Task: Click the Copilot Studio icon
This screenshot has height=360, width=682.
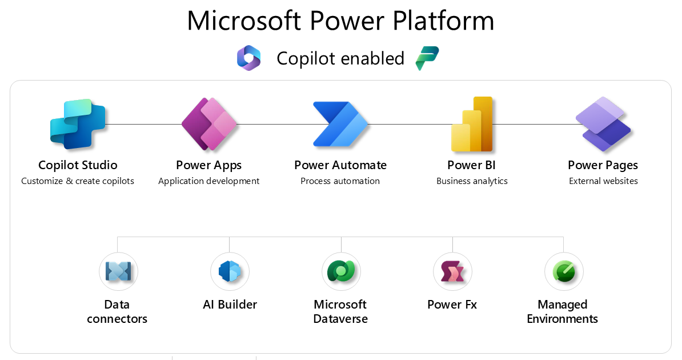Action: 78,124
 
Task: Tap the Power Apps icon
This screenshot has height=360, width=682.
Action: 208,124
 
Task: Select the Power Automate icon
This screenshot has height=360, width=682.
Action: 340,124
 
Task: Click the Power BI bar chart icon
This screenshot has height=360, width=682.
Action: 472,124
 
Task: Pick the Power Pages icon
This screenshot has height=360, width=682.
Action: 603,124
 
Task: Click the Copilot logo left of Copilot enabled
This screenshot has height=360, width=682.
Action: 249,58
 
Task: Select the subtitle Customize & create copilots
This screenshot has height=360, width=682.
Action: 78,181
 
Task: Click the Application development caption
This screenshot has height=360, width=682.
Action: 208,181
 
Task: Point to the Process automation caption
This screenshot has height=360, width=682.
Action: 340,181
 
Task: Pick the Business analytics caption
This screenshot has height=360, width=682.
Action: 472,181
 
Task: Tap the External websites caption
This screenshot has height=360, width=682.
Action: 603,181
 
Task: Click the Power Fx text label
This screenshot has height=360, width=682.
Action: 452,305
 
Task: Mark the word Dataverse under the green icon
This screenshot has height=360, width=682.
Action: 340,319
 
